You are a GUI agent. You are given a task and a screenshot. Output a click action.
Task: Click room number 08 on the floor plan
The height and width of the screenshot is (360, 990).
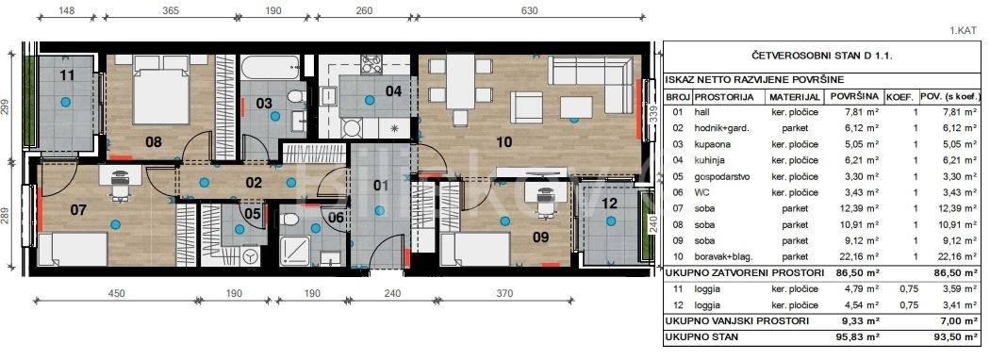pyautogui.click(x=154, y=141)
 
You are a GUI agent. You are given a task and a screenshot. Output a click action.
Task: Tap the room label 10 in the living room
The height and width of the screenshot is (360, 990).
pyautogui.click(x=503, y=141)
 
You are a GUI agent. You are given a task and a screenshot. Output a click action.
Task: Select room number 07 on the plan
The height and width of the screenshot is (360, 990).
pyautogui.click(x=77, y=209)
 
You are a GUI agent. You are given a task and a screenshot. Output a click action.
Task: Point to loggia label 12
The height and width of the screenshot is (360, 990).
pyautogui.click(x=609, y=204)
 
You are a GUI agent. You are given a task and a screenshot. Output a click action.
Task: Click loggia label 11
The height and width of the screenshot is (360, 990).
pyautogui.click(x=67, y=75)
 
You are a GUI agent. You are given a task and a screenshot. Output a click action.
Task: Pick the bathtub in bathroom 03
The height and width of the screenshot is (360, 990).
pyautogui.click(x=269, y=66)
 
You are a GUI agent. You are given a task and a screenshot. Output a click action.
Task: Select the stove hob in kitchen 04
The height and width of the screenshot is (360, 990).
pyautogui.click(x=371, y=63)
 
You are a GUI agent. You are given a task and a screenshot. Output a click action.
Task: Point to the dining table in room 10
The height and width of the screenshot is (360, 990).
pyautogui.click(x=460, y=81)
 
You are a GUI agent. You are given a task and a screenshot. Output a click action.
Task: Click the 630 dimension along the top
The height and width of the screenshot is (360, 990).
pyautogui.click(x=529, y=10)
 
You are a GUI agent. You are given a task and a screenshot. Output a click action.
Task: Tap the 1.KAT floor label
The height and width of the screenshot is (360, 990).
pyautogui.click(x=964, y=30)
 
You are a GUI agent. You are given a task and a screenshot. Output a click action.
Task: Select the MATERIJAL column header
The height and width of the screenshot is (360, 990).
pyautogui.click(x=795, y=97)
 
